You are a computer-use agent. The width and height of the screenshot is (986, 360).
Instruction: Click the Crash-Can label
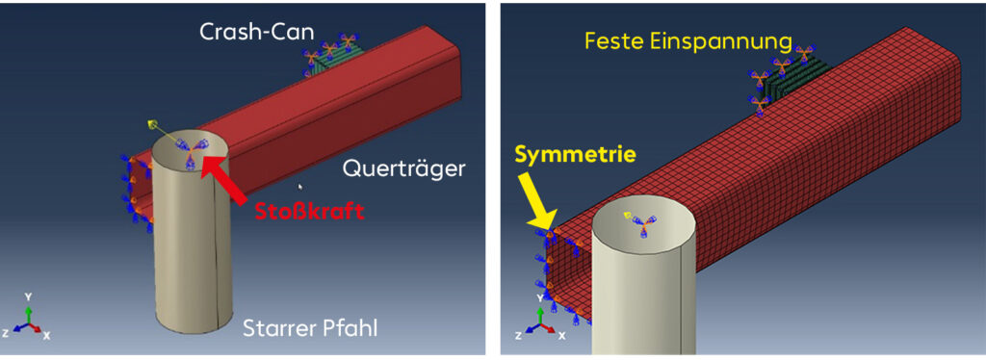click(256, 32)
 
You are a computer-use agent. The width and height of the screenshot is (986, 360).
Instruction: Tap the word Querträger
click(403, 168)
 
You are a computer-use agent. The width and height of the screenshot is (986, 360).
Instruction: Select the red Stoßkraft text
click(309, 211)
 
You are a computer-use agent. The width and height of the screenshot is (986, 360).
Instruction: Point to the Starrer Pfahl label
click(311, 328)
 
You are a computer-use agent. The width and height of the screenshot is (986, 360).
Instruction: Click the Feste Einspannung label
click(688, 40)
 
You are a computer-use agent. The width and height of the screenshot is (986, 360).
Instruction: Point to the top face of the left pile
click(192, 155)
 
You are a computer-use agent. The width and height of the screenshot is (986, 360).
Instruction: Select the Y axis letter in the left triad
click(28, 296)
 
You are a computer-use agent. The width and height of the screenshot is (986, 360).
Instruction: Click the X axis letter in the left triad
click(46, 336)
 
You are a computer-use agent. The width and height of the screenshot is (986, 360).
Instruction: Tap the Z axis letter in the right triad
click(518, 336)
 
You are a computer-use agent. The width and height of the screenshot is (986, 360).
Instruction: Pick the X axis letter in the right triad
click(561, 336)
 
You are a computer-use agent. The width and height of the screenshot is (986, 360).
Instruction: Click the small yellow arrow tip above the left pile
click(151, 124)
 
